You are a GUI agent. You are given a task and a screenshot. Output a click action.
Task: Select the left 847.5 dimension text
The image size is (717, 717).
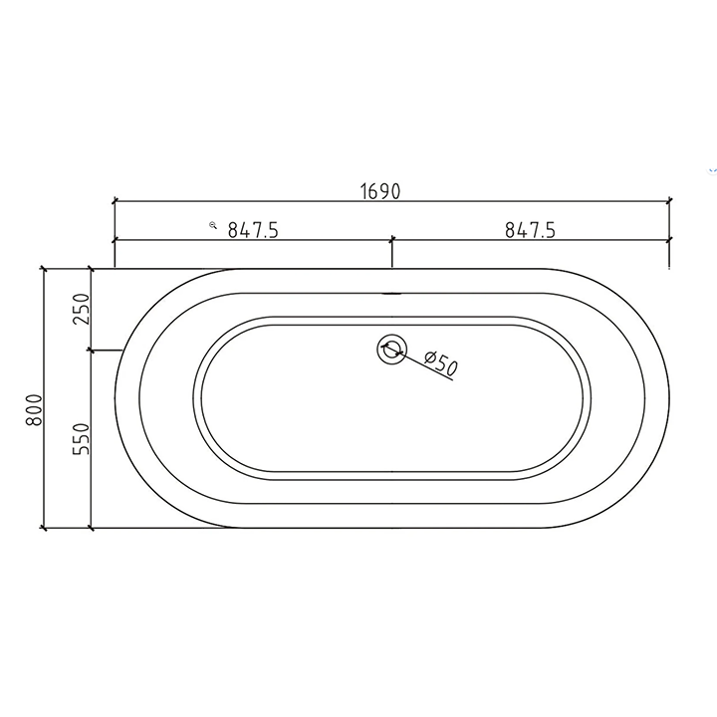coord(252,230)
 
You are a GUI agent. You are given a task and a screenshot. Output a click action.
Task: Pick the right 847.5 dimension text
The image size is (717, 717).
coord(529,230)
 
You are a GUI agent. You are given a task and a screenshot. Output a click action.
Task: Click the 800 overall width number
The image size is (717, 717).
coord(35,409)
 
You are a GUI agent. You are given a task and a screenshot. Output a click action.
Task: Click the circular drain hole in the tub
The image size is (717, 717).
coord(391,350)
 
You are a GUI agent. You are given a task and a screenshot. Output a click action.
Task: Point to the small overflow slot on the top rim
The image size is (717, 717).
coord(391,293)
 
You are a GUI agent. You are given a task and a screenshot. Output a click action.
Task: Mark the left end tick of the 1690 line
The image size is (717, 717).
coord(115,201)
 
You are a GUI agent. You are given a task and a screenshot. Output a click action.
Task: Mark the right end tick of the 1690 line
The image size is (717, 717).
coord(668,201)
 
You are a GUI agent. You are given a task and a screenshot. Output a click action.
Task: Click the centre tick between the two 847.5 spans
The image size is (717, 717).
coord(391,240)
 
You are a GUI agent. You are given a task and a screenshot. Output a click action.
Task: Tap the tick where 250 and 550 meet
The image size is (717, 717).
coord(91,350)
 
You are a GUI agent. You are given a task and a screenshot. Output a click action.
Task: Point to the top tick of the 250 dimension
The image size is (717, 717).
coord(91,269)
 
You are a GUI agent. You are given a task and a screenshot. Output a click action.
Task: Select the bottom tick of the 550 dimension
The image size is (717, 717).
coord(91,528)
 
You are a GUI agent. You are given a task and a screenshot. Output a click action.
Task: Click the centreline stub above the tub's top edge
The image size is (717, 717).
coord(391,256)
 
